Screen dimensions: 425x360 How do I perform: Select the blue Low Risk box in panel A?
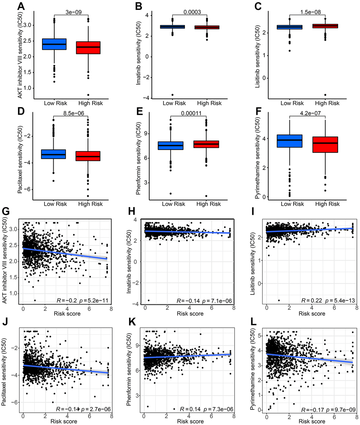[54, 44]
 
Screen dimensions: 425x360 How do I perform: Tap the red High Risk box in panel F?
[327, 144]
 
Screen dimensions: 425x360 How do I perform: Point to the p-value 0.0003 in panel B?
[192, 12]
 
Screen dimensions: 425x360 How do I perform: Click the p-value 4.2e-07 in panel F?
[310, 114]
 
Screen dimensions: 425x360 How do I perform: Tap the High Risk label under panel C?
[327, 103]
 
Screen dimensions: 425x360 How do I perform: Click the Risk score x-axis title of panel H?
[190, 314]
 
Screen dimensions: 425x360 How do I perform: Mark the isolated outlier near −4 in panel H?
[149, 300]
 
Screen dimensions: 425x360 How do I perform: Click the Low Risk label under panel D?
[55, 204]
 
